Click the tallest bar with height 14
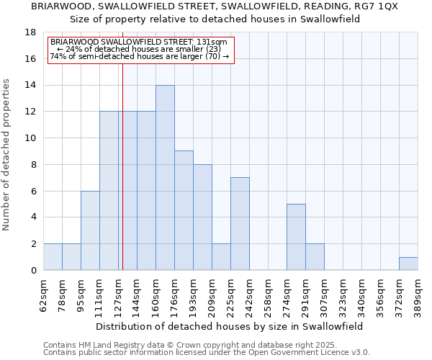165,177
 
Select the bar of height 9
184,210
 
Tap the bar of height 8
202,217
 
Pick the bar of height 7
240,223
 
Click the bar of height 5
296,237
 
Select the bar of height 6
90,230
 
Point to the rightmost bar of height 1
408,264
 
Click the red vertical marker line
123,180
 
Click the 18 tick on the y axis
31,32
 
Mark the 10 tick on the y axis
31,138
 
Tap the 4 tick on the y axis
33,217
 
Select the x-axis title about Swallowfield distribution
229,326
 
